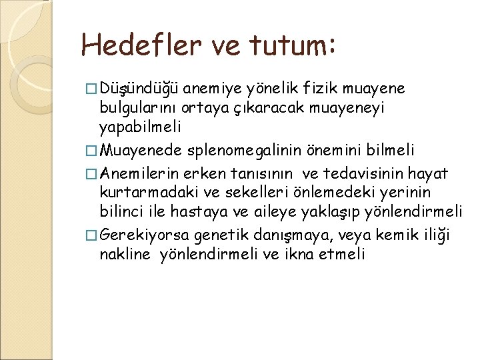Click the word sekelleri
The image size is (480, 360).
(242, 175)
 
